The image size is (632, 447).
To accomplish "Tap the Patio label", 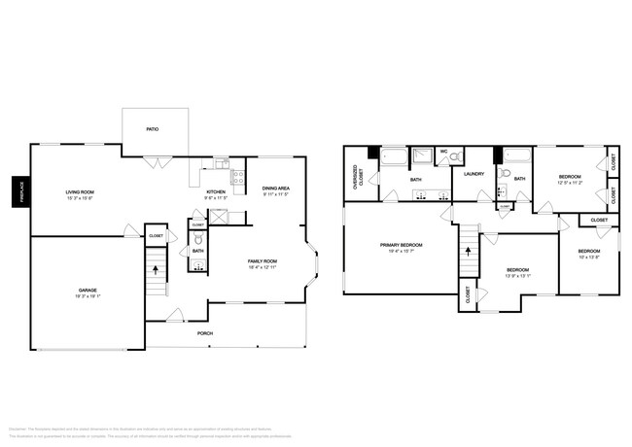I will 152,128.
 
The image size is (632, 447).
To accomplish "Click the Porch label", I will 206,333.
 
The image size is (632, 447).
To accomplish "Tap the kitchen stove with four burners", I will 238,177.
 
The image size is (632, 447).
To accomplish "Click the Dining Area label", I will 276,189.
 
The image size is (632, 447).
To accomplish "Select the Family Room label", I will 263,261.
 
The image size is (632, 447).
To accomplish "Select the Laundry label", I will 474,174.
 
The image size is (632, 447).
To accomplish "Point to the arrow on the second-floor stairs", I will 468,250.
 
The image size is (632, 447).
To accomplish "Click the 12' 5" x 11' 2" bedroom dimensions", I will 570,182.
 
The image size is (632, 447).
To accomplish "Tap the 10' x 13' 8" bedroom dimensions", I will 589,257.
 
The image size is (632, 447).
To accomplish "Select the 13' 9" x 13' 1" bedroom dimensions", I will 517,275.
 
